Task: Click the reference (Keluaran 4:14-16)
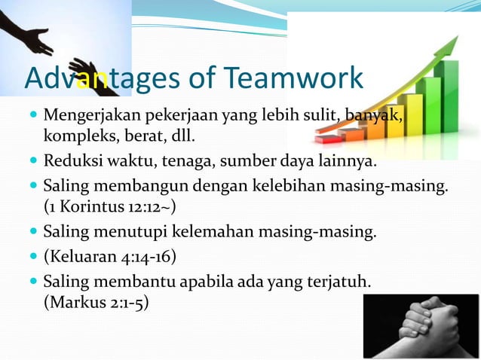[109, 256]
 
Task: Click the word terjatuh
[339, 282]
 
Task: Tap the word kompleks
[74, 139]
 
